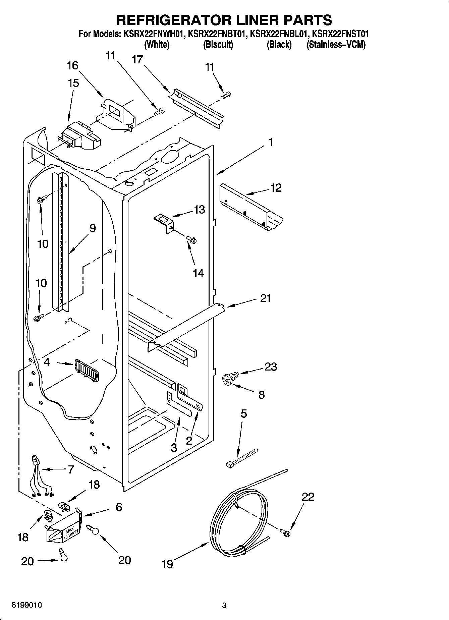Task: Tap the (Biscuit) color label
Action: click(x=218, y=44)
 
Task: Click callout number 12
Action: click(x=276, y=188)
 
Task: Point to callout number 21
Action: click(x=265, y=298)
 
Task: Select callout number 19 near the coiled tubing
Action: click(x=167, y=564)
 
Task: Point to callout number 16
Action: click(x=73, y=65)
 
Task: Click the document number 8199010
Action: click(x=27, y=605)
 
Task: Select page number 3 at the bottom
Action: click(x=224, y=605)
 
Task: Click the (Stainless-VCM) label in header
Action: click(x=336, y=44)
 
